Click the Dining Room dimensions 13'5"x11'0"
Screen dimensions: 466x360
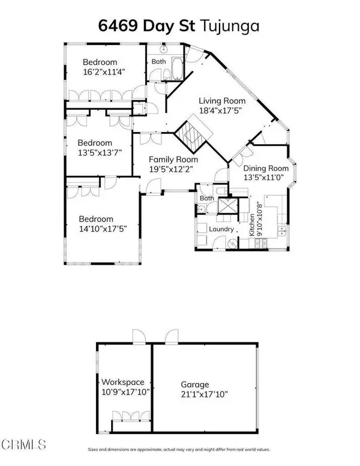point(265,178)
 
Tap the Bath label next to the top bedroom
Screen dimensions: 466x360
point(158,61)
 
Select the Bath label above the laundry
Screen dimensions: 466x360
point(207,198)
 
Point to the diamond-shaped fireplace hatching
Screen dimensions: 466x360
point(194,136)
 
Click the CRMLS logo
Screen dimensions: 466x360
point(24,445)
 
